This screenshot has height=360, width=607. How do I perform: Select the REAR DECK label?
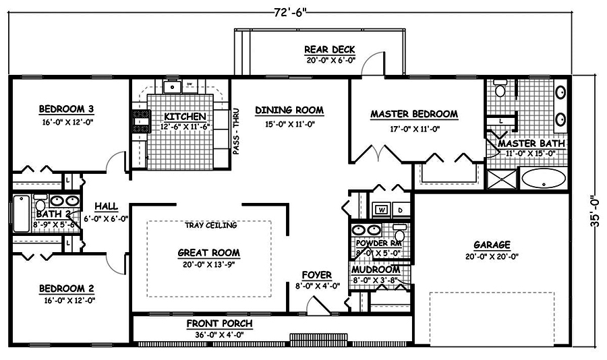[x=329, y=50]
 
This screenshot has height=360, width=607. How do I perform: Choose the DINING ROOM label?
[x=289, y=110]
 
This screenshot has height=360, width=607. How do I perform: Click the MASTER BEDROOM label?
[x=414, y=115]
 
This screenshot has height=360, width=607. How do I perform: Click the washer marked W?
[x=380, y=209]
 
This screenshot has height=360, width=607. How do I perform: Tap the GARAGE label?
[x=491, y=245]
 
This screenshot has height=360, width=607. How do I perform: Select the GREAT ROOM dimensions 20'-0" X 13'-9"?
[x=208, y=264]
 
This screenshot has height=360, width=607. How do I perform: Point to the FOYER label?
[x=316, y=275]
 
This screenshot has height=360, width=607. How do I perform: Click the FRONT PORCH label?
[x=219, y=324]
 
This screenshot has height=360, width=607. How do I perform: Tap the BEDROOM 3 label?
[x=66, y=109]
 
